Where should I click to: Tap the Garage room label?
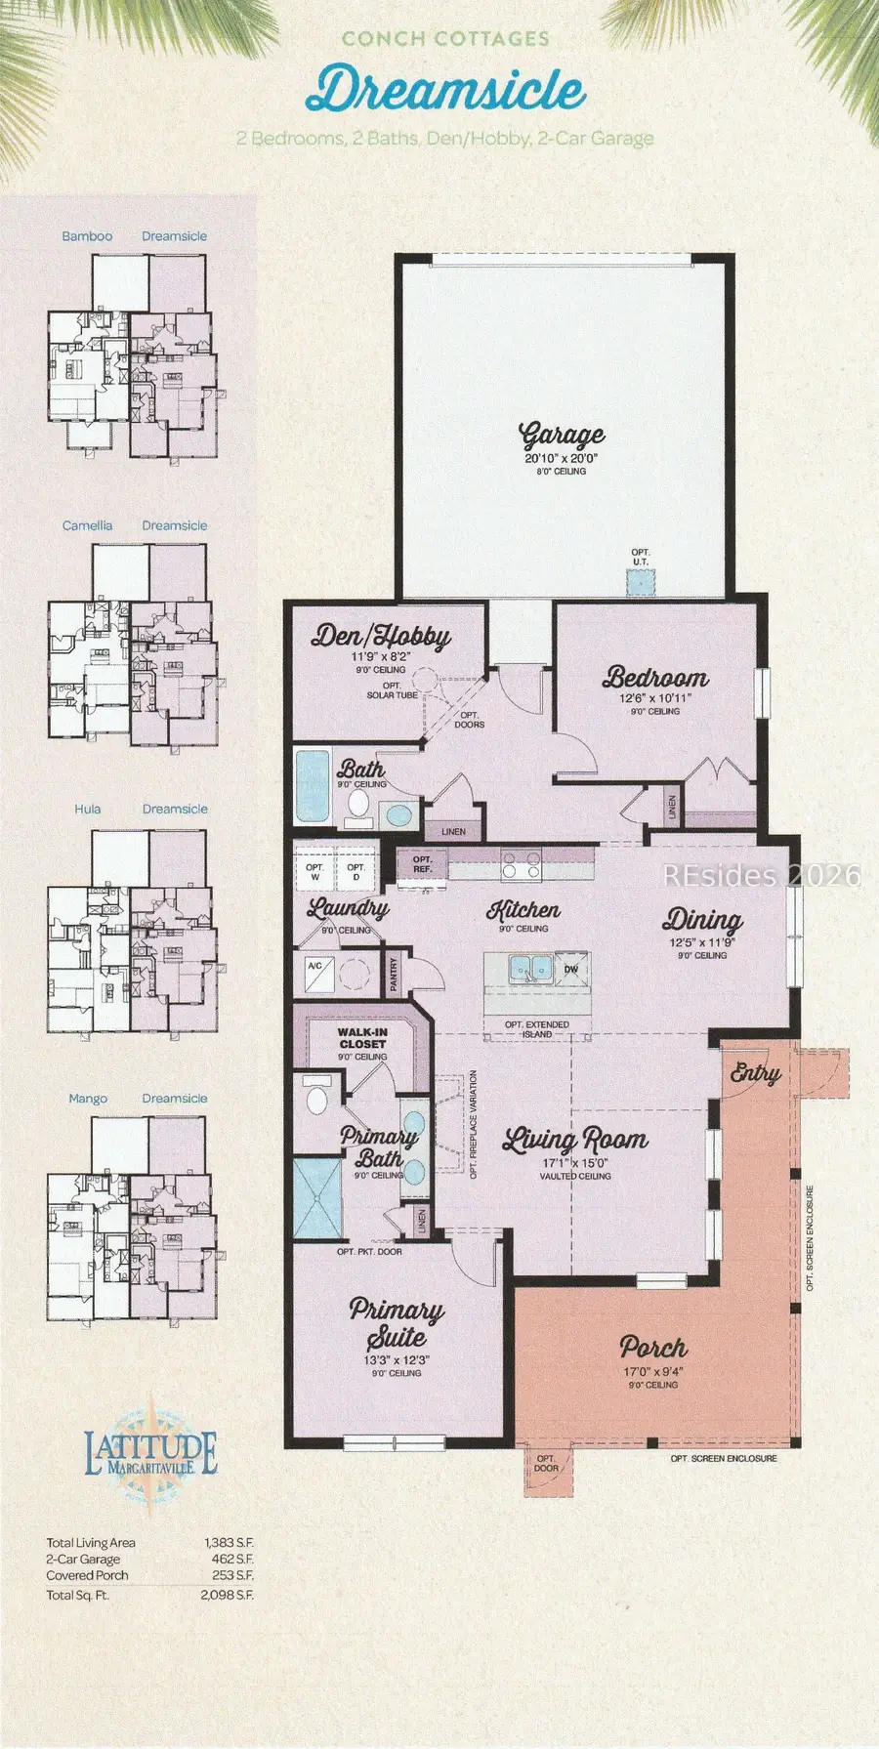click(x=562, y=435)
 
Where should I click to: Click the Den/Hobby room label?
click(x=381, y=637)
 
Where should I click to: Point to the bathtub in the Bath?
click(x=313, y=786)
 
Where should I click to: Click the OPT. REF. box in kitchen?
click(x=422, y=864)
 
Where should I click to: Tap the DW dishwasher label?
click(x=571, y=970)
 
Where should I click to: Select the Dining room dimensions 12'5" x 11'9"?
click(x=701, y=943)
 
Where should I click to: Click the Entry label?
click(x=755, y=1074)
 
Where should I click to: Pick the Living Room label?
click(x=574, y=1140)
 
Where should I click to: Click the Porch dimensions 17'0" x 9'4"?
click(x=652, y=1371)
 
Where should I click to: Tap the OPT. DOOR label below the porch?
click(x=546, y=1463)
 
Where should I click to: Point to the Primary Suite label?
click(x=397, y=1322)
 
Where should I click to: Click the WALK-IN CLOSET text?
click(x=362, y=1038)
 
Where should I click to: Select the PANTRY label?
click(x=394, y=975)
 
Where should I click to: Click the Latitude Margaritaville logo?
click(x=150, y=1455)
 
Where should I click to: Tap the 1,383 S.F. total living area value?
click(x=229, y=1543)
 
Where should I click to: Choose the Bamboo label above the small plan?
click(x=87, y=236)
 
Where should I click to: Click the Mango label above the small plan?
click(x=87, y=1099)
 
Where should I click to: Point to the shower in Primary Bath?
click(x=318, y=1198)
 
